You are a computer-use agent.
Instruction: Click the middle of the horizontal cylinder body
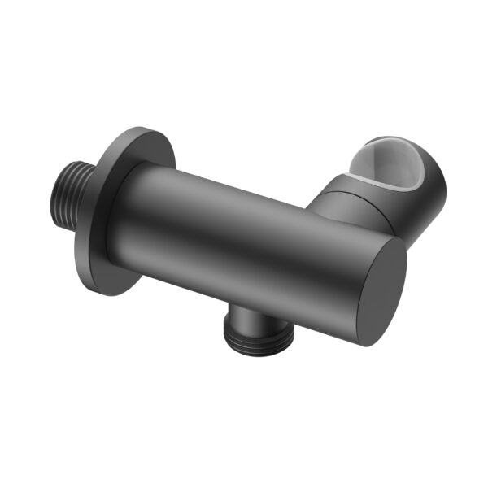[x=252, y=236]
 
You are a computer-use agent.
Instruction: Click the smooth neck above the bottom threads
[x=244, y=312]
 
